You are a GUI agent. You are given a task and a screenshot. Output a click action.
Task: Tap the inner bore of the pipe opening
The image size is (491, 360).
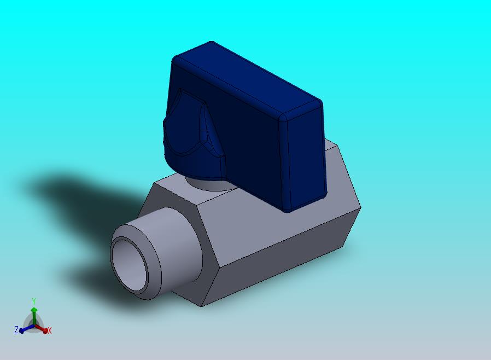coord(130,264)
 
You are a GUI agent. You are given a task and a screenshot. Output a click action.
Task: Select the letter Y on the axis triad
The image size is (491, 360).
coord(34,301)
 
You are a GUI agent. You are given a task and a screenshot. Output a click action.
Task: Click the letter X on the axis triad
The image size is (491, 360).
coord(49,330)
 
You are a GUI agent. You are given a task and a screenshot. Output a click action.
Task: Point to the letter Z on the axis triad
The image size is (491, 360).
coord(16,329)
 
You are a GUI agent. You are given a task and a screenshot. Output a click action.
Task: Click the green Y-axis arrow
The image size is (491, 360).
coord(34,316)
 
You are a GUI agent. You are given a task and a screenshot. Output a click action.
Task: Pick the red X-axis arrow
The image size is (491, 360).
coord(42,329)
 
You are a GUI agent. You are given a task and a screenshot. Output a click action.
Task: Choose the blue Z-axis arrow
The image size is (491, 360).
coord(27,329)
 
